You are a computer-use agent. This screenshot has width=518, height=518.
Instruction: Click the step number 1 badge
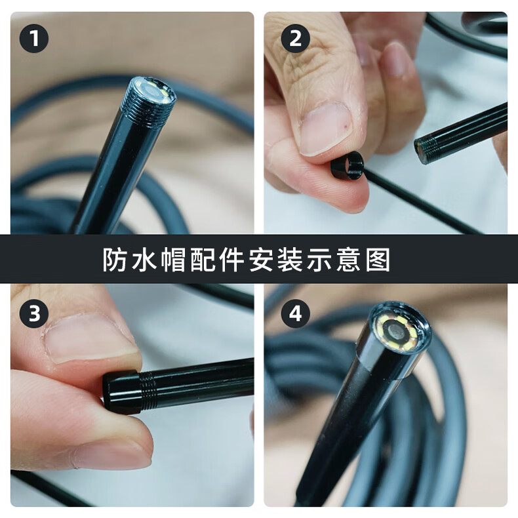34,38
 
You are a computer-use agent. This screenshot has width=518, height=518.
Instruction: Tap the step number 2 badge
295,38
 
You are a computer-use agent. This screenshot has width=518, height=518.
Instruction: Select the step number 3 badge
34,313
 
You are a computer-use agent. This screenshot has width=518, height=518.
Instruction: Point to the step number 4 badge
295,313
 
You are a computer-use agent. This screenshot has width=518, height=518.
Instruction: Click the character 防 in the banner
115,260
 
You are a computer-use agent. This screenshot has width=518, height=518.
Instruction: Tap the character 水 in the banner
144,260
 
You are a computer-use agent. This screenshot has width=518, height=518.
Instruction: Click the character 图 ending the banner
378,260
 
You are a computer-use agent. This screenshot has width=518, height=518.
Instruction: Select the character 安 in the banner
261,260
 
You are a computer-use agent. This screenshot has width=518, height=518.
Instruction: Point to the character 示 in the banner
319,260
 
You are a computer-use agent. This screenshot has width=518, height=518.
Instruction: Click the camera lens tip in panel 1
154,89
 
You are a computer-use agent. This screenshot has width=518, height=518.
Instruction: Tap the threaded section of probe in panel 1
147,106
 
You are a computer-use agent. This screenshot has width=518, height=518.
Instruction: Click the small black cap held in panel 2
348,166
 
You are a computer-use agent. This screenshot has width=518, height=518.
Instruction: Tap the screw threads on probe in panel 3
148,389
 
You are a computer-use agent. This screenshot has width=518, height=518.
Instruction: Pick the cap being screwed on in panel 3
122,392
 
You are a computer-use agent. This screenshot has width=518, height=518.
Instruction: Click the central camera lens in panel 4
396,332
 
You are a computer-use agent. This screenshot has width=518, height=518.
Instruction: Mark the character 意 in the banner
348,260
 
